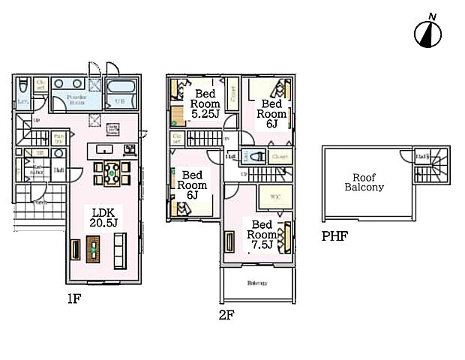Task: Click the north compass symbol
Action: [x=427, y=32]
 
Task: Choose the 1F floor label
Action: [x=72, y=298]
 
